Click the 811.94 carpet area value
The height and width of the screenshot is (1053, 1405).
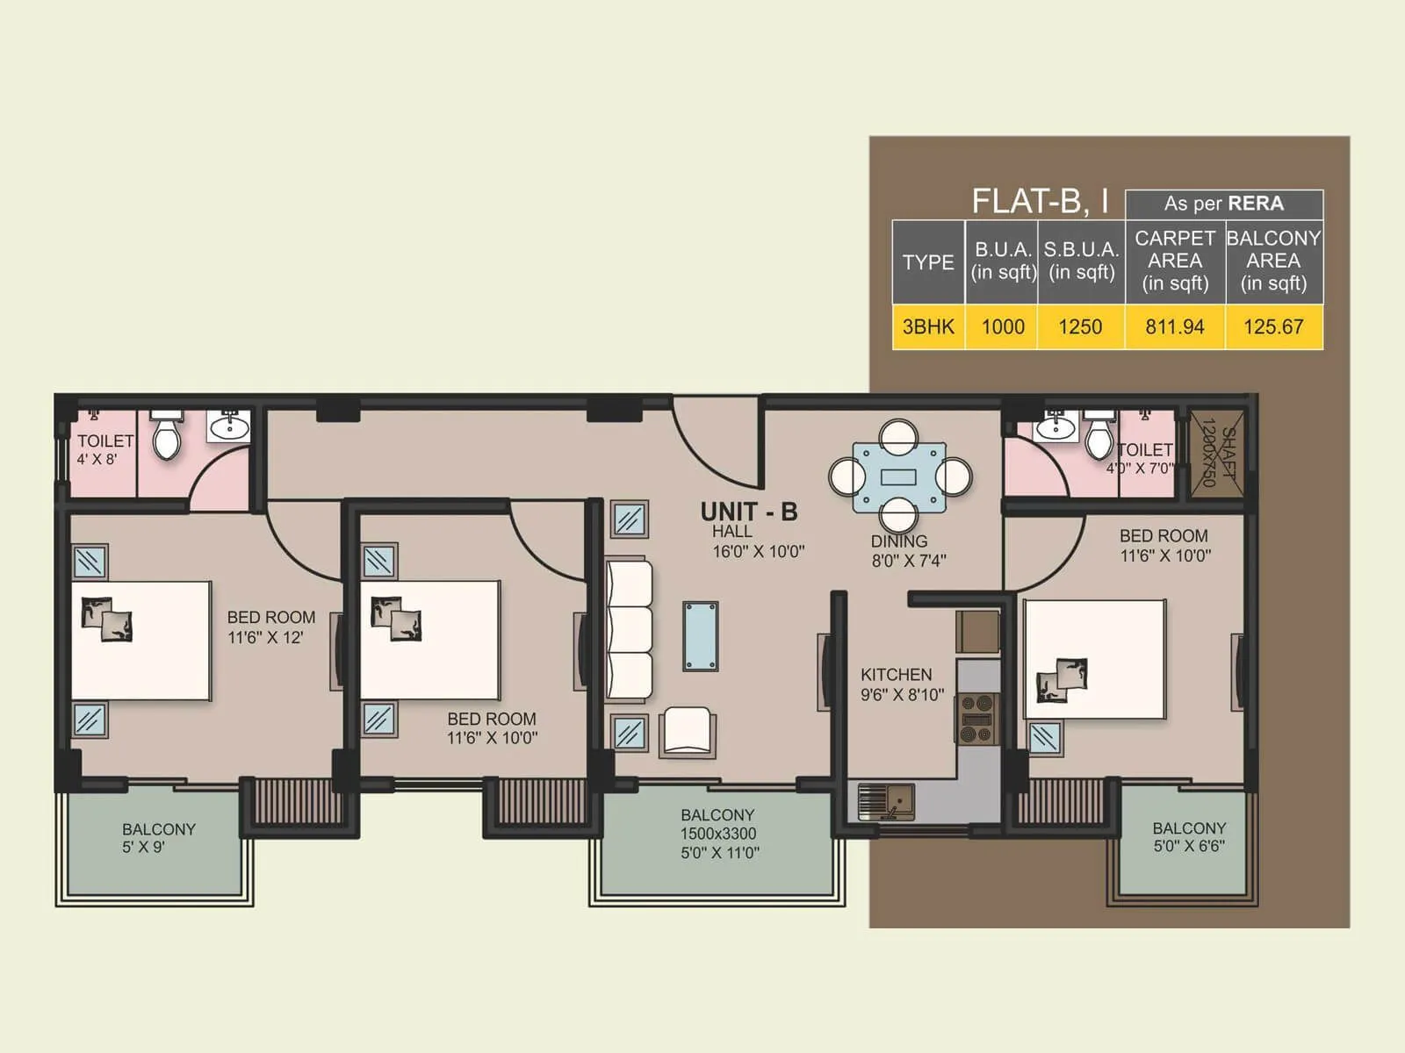[1175, 326]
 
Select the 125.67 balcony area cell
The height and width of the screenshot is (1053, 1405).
[1274, 326]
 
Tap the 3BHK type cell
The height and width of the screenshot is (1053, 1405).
[928, 326]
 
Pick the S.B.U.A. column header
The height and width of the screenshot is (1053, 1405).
[1081, 261]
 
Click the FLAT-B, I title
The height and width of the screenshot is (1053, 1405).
[1041, 201]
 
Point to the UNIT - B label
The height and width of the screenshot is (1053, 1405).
[749, 512]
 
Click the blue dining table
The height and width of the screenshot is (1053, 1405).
[899, 477]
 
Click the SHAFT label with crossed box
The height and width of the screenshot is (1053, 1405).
[1217, 453]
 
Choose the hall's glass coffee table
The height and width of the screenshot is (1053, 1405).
[700, 636]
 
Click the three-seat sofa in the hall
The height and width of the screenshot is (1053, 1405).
[630, 630]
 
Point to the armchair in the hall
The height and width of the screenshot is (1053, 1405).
[688, 732]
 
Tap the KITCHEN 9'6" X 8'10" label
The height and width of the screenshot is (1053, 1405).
[902, 684]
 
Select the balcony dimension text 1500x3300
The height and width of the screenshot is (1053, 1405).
[718, 834]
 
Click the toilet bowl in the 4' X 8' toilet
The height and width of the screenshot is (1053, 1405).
[168, 436]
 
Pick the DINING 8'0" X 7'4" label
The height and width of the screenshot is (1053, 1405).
[908, 551]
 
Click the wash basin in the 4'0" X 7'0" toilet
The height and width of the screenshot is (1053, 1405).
[1056, 426]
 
